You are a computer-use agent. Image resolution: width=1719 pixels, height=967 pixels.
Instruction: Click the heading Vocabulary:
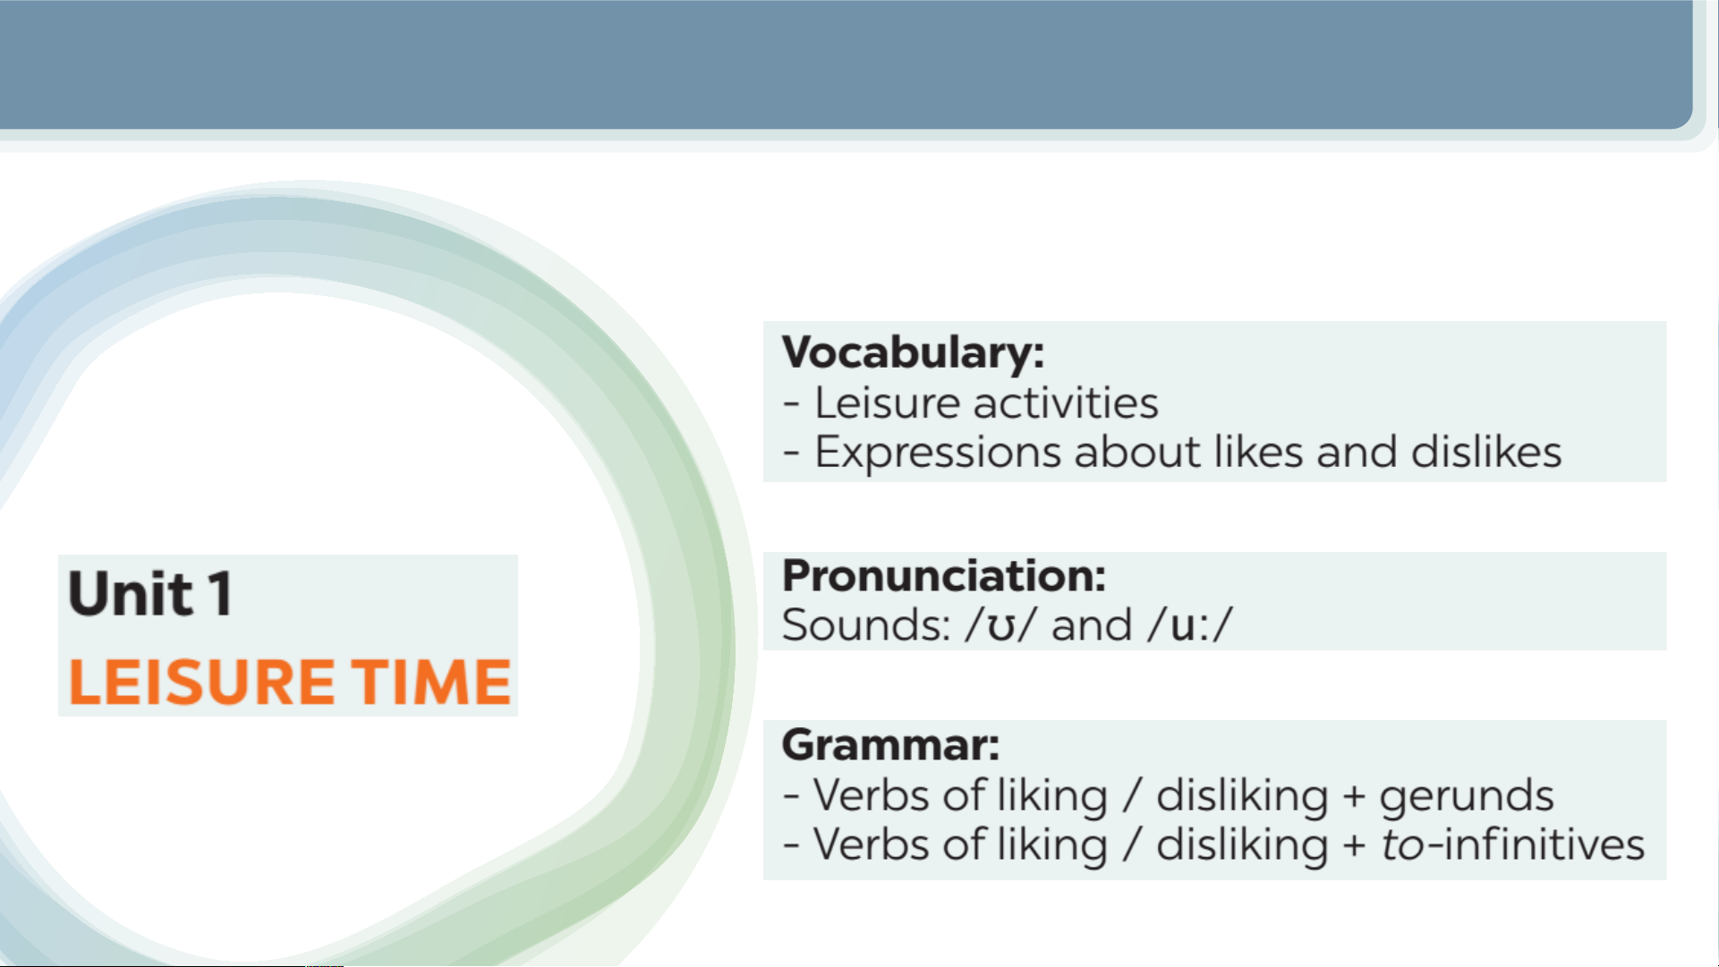pos(913,352)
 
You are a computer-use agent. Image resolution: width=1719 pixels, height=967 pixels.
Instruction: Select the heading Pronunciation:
pos(944,575)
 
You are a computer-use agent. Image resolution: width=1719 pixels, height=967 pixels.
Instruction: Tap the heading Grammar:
pos(890,744)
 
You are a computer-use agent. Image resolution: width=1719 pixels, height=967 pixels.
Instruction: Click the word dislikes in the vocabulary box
pos(1486,451)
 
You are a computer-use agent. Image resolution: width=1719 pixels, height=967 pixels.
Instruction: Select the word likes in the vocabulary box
pos(1258,451)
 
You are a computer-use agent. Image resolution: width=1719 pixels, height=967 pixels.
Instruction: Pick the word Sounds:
pos(866,624)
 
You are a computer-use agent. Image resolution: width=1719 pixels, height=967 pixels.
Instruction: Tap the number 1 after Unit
pos(220,593)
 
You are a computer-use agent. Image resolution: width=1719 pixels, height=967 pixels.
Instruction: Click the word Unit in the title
pos(131,593)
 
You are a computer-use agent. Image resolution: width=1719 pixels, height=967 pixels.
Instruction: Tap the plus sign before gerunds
pos(1354,796)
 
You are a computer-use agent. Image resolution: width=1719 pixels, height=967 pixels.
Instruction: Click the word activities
pos(1072,403)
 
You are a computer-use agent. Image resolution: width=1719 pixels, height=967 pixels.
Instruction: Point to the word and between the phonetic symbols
pos(1092,624)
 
